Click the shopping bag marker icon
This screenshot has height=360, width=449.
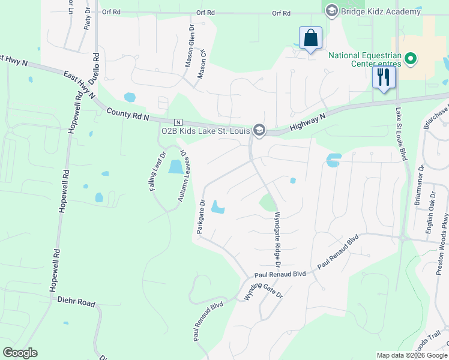pyautogui.click(x=310, y=38)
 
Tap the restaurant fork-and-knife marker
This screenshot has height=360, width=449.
pyautogui.click(x=383, y=77)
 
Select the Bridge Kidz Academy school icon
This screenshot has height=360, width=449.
pyautogui.click(x=331, y=10)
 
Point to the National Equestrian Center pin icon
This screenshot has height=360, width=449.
pyautogui.click(x=411, y=59)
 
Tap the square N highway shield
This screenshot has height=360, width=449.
pyautogui.click(x=178, y=122)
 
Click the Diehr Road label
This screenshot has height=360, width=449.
pyautogui.click(x=76, y=303)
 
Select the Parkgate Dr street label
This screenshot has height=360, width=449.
pyautogui.click(x=202, y=217)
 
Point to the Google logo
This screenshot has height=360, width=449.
pyautogui.click(x=20, y=352)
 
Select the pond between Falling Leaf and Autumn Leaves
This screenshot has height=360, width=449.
pyautogui.click(x=176, y=167)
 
